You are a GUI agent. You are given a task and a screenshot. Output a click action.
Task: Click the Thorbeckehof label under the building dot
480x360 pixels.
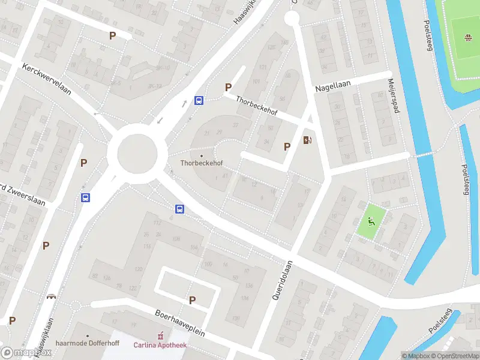201,163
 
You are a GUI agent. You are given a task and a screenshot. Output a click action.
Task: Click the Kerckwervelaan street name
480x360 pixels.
46,79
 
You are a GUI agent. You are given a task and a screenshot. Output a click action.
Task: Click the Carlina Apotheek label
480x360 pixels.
160,344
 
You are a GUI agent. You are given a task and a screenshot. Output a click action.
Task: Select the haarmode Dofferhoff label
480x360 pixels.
87,344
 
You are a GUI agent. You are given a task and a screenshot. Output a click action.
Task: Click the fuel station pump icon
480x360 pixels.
308,140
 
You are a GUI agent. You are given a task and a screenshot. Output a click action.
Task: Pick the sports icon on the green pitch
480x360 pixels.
466,39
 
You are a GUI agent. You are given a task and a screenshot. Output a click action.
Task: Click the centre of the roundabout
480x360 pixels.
137,154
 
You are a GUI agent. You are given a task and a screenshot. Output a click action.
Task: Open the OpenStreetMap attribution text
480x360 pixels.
455,356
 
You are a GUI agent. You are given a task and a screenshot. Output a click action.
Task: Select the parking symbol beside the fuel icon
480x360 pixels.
287,146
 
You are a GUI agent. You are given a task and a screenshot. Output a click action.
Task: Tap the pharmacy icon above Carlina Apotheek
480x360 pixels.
160,335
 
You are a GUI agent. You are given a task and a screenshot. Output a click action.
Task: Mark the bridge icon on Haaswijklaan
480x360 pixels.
52,296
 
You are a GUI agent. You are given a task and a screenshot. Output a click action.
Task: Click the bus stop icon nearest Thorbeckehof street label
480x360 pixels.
199,101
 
